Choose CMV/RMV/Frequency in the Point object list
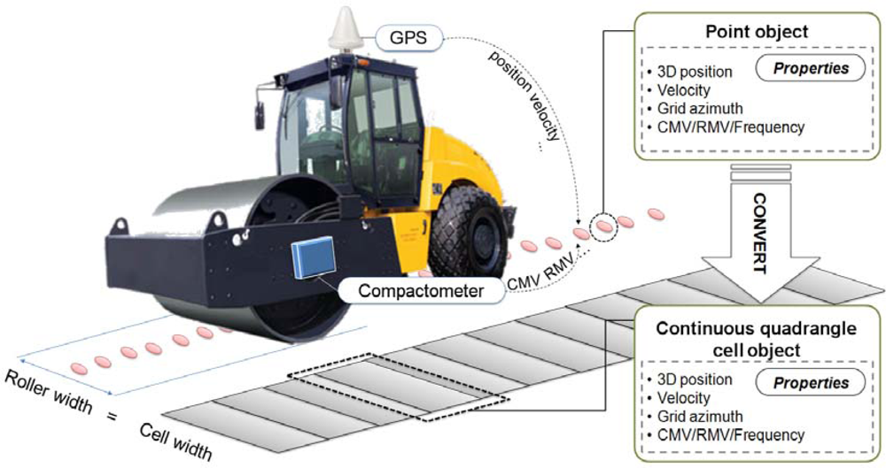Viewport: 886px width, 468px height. click(x=726, y=127)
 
